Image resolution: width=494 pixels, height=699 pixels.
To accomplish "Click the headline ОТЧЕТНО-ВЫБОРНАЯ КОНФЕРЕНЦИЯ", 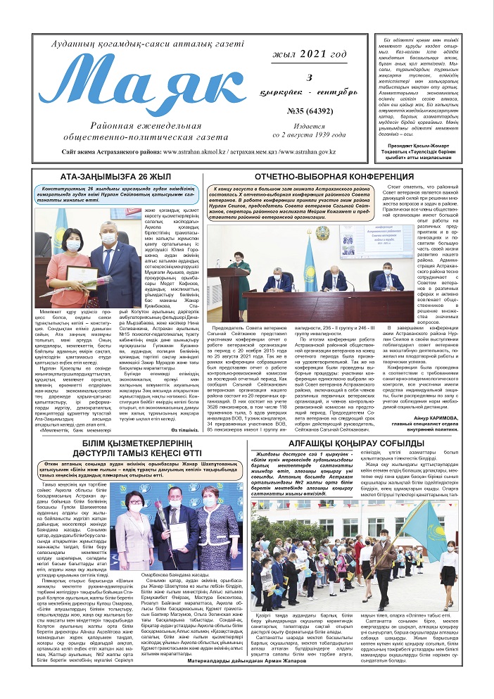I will pyautogui.click(x=323, y=176).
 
